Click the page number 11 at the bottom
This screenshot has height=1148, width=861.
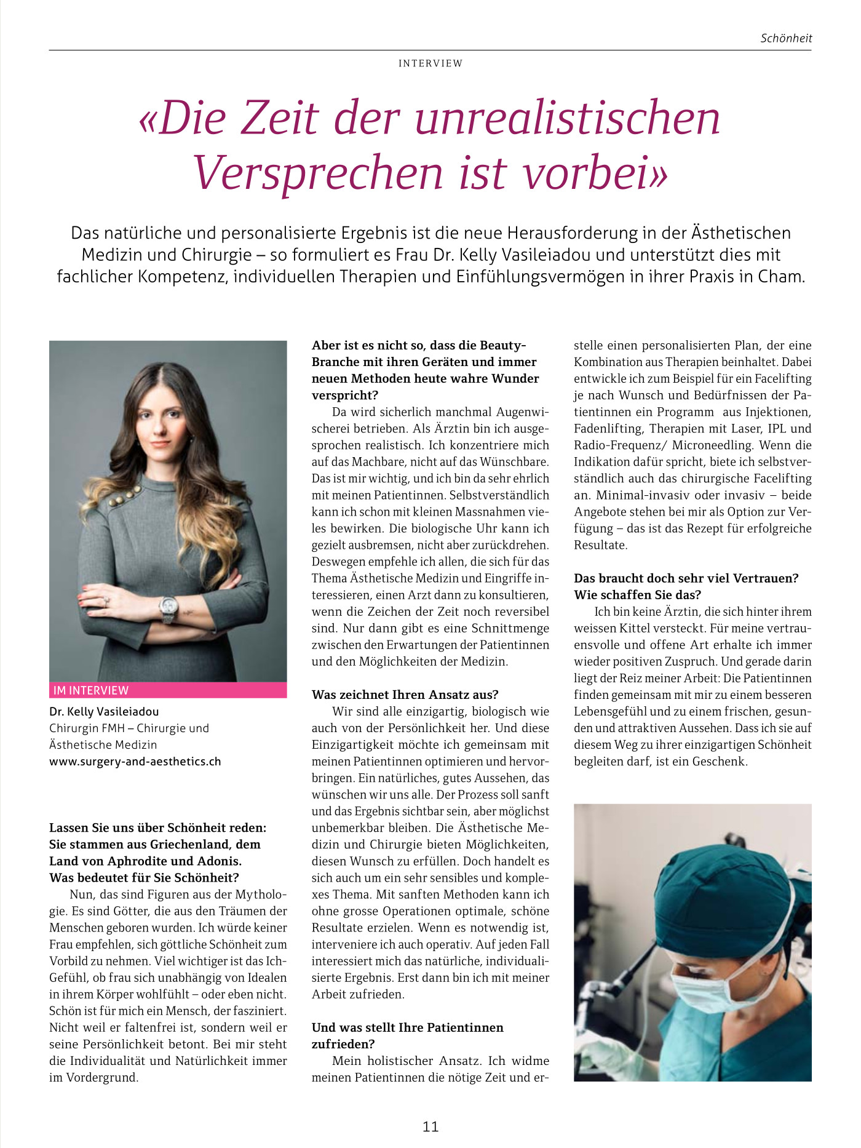[430, 1126]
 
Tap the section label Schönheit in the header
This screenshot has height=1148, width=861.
[786, 38]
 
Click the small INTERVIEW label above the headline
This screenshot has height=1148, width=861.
[430, 63]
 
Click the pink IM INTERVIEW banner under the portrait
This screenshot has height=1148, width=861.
[168, 690]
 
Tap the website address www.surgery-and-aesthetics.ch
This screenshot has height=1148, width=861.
[135, 762]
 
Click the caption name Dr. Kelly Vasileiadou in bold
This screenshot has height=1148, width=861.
[104, 712]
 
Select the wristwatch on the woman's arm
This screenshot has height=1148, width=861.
[168, 608]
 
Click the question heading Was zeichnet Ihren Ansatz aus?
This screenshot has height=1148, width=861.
[405, 695]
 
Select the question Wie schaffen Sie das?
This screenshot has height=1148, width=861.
[638, 595]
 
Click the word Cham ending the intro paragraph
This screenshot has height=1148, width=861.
[780, 276]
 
